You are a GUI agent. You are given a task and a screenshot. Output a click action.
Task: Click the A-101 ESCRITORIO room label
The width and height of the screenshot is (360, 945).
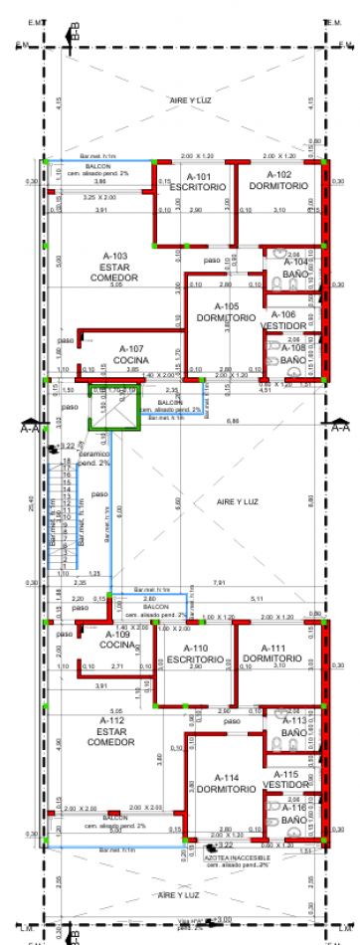[x=189, y=181]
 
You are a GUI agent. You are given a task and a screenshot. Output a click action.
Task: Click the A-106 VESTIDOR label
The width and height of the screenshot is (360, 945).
[x=282, y=320]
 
